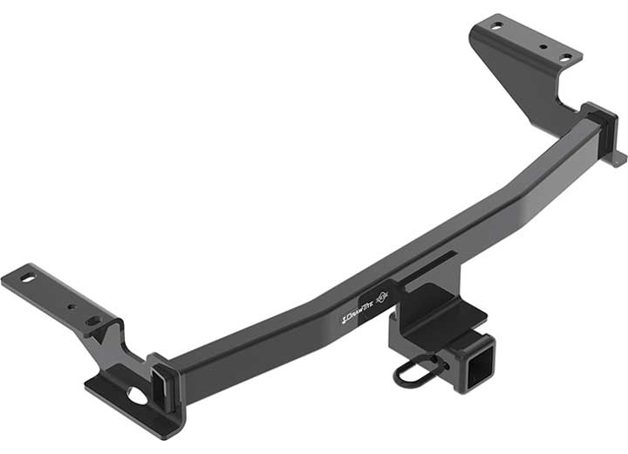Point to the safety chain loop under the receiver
[x=409, y=374]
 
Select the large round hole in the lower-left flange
[x=136, y=396]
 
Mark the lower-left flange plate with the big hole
[x=122, y=397]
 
